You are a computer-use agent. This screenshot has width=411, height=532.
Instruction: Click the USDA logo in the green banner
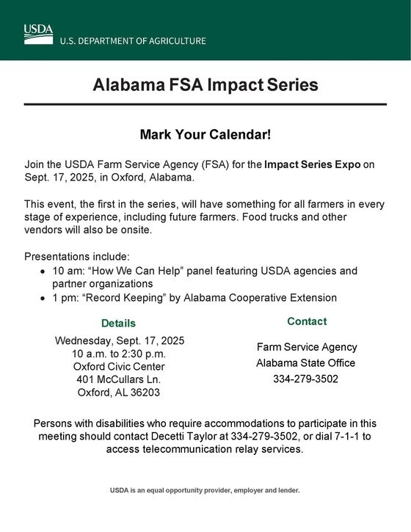[38, 34]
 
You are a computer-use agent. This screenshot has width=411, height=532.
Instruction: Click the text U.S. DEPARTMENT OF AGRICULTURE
[133, 41]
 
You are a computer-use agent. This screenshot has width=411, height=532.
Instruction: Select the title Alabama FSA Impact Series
[205, 84]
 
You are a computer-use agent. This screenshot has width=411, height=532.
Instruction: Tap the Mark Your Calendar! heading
[205, 135]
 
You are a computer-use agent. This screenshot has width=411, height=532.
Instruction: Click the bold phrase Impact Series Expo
[313, 164]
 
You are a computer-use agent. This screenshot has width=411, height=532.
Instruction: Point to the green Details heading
[118, 323]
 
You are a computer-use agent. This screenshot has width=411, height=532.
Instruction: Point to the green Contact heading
[307, 321]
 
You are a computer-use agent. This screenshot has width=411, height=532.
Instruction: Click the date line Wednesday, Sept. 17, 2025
[120, 340]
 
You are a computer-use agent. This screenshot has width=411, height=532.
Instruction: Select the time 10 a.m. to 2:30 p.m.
[120, 354]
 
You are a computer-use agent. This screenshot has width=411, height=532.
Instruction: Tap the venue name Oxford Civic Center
[119, 366]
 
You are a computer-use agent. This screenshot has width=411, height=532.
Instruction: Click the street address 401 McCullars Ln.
[118, 379]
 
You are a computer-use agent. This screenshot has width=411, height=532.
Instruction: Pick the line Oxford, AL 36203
[119, 392]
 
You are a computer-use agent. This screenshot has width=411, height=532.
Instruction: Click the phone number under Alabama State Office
[305, 379]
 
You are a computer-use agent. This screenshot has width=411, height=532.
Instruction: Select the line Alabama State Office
[305, 362]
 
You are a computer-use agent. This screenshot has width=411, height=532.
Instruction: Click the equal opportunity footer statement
[205, 490]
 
